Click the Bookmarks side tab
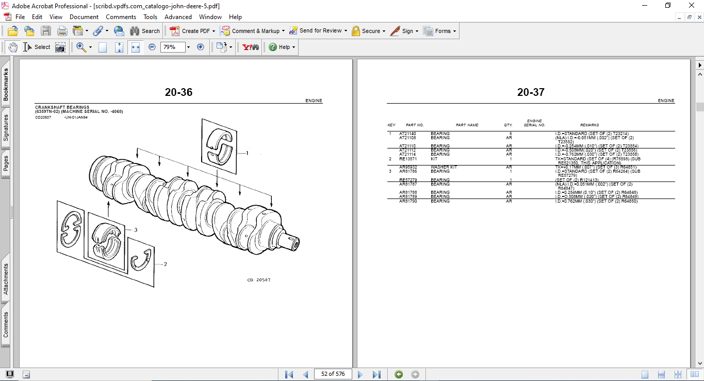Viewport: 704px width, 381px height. (6, 85)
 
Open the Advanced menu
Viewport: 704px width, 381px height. (178, 17)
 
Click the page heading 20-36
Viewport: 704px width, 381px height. (178, 92)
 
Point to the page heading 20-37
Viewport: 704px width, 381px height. (531, 92)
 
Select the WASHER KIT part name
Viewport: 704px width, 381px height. (444, 167)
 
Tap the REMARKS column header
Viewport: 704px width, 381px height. (589, 125)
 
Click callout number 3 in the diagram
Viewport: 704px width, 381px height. (135, 230)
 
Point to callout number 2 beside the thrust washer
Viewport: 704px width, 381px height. (165, 264)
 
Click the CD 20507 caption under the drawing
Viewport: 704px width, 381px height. (258, 280)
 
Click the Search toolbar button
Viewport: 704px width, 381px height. (145, 31)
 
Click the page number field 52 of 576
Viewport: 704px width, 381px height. (333, 374)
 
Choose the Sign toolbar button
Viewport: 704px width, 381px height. (404, 31)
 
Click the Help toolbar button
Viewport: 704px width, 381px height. (281, 47)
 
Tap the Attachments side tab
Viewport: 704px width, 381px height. (6, 279)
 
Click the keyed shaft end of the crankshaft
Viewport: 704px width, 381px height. (292, 242)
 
